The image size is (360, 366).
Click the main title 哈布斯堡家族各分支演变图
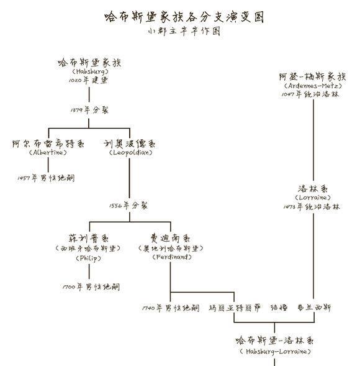179,17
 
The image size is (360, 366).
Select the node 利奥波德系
130,144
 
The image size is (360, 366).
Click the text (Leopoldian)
130,153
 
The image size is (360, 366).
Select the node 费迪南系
169,239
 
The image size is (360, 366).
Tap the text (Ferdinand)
169,257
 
